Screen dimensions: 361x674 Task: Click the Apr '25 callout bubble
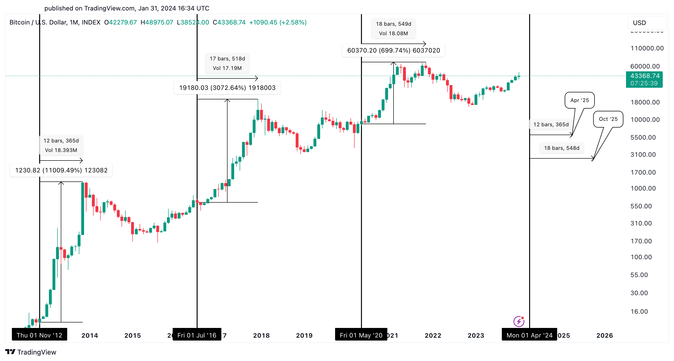(x=579, y=100)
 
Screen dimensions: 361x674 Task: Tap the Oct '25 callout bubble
(x=608, y=119)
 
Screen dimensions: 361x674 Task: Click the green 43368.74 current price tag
(x=644, y=79)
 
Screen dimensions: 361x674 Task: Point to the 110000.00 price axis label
(x=647, y=48)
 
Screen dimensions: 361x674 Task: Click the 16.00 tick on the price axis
(x=639, y=312)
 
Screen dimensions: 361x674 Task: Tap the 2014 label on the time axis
(x=90, y=335)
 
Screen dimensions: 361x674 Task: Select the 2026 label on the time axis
(x=604, y=335)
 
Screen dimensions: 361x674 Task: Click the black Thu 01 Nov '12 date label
(x=39, y=335)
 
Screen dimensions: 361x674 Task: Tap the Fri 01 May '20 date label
(x=361, y=335)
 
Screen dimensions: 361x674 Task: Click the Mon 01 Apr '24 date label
(x=529, y=335)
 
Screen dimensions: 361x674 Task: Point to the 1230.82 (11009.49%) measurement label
(x=61, y=170)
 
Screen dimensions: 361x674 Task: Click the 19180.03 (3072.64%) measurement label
(x=227, y=88)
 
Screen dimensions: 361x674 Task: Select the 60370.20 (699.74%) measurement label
(x=393, y=50)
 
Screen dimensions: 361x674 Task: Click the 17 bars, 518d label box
(x=227, y=63)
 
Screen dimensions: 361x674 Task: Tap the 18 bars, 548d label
(x=561, y=148)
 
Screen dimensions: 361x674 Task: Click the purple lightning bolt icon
(x=519, y=322)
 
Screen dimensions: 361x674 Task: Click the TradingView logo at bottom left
(x=31, y=352)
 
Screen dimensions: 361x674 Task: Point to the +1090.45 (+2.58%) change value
(x=278, y=22)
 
